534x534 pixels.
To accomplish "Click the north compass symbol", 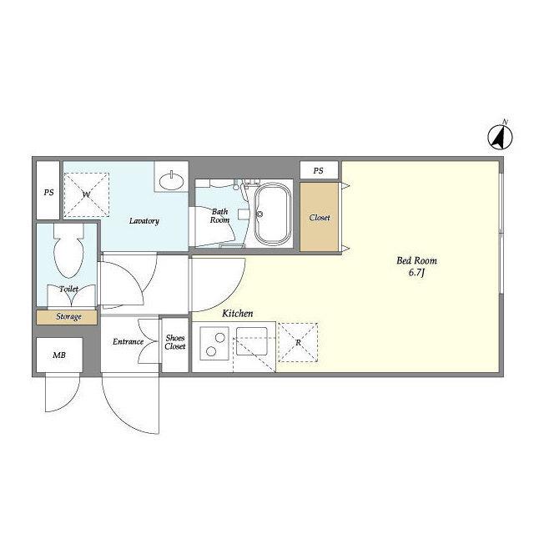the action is pyautogui.click(x=500, y=137).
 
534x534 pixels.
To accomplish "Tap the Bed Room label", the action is pyautogui.click(x=416, y=261).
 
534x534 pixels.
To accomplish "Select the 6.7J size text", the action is pyautogui.click(x=416, y=273).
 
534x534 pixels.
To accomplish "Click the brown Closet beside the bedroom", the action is pyautogui.click(x=319, y=217).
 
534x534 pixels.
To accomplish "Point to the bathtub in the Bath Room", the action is pyautogui.click(x=273, y=214).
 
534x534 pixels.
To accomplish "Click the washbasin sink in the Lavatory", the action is pyautogui.click(x=172, y=179).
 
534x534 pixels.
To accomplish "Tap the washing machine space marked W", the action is pyautogui.click(x=87, y=194).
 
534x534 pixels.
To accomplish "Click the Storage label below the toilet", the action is pyautogui.click(x=68, y=317).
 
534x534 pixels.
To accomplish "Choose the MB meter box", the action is pyautogui.click(x=59, y=355).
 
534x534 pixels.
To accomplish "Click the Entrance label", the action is pyautogui.click(x=128, y=341).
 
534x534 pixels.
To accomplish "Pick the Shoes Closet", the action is pyautogui.click(x=175, y=345).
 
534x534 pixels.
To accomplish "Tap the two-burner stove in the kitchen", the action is pyautogui.click(x=214, y=343).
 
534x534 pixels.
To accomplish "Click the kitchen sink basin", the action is pyautogui.click(x=252, y=341).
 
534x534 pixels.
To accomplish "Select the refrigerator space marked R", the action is pyautogui.click(x=298, y=342).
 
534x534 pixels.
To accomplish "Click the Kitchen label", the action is pyautogui.click(x=237, y=314).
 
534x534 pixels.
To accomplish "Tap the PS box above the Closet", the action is pyautogui.click(x=319, y=170).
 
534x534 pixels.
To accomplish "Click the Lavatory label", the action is pyautogui.click(x=144, y=221).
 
